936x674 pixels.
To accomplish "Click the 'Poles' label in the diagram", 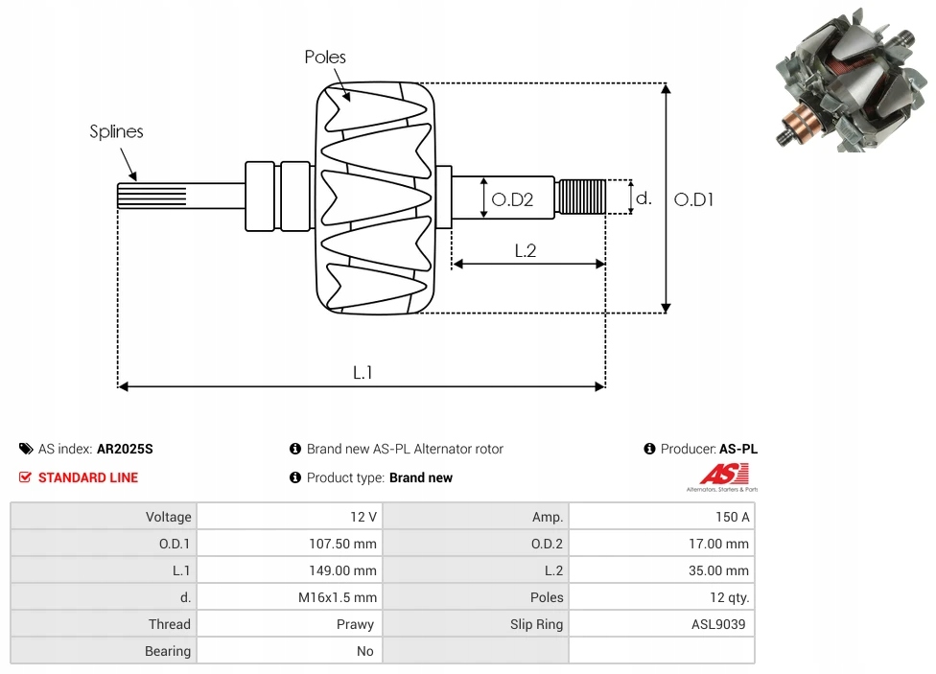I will [x=325, y=58].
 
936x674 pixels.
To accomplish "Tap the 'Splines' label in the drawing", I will [x=116, y=132].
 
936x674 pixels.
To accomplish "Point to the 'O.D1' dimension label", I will [x=693, y=199].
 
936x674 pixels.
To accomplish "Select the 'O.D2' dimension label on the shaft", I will [x=511, y=200].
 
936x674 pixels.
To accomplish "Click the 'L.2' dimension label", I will [x=525, y=251].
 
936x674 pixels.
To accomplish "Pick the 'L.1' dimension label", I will [x=362, y=373].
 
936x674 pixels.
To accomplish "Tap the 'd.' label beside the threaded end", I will [x=643, y=198].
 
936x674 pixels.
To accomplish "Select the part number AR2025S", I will [x=125, y=449].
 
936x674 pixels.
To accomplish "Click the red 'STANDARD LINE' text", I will [x=88, y=477].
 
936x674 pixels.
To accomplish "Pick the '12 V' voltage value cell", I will [x=363, y=517].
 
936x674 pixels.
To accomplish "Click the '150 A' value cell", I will [x=733, y=517].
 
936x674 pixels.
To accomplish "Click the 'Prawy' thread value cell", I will [x=355, y=624].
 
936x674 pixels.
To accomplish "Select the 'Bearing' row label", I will [x=168, y=651].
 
